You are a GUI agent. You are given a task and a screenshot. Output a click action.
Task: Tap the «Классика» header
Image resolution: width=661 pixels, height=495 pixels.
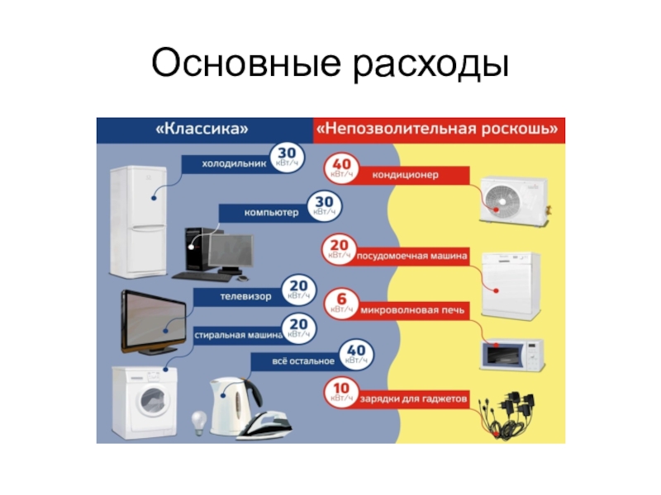202,130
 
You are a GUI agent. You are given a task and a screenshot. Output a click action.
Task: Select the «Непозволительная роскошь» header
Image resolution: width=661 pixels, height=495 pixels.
439,130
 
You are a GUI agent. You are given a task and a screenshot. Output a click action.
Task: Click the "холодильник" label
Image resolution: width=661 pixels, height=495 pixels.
235,163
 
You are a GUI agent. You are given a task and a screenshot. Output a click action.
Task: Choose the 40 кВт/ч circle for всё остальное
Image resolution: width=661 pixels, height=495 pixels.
358,355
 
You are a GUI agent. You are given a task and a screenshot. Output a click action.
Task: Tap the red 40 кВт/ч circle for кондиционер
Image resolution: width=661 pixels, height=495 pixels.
340,168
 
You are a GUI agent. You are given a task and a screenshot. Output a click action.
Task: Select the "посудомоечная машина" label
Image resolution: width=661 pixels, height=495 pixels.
412,256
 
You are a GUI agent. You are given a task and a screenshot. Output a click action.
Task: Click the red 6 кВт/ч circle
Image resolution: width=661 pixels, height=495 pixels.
340,304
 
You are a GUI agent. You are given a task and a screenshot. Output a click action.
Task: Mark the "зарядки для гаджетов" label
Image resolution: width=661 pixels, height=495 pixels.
412,399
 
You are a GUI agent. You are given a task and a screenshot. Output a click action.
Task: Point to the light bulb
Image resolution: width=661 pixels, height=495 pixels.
199,422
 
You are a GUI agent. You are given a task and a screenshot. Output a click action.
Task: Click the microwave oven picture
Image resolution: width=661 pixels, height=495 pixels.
512,353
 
